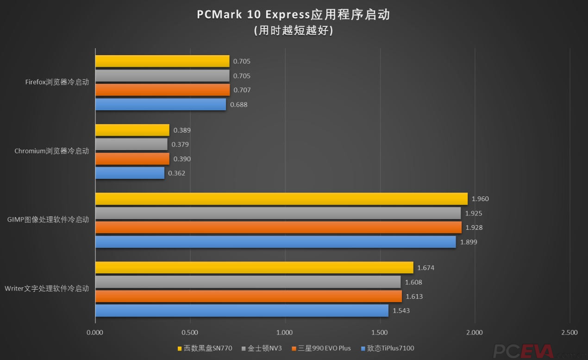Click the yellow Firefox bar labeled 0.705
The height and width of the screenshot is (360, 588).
coord(162,61)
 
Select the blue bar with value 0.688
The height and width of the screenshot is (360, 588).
coord(161,104)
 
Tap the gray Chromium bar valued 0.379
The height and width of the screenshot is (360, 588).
coord(131,144)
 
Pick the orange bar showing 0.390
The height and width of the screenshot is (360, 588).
coord(132,159)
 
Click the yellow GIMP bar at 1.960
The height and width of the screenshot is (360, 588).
coord(281,199)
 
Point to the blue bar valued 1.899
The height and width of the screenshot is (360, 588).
coord(275,242)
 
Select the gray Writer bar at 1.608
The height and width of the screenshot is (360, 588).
coord(248,282)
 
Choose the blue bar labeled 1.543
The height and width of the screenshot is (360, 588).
coord(242,310)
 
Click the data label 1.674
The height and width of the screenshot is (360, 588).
coord(426,268)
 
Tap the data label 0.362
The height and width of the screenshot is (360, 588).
coord(177,173)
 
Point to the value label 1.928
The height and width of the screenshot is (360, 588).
coord(474,227)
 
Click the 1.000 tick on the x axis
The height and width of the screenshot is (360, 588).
coord(285,332)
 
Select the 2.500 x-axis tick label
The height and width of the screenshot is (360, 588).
coord(569,332)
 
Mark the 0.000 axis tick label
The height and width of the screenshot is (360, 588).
coord(95,332)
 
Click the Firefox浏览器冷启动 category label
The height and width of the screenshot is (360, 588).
coord(57,82)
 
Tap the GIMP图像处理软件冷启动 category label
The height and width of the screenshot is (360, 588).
coord(48,220)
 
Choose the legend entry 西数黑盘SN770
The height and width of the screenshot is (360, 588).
coord(205,348)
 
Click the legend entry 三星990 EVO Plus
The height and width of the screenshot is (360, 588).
coord(321,348)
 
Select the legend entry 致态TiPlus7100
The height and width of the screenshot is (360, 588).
coord(388,348)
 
